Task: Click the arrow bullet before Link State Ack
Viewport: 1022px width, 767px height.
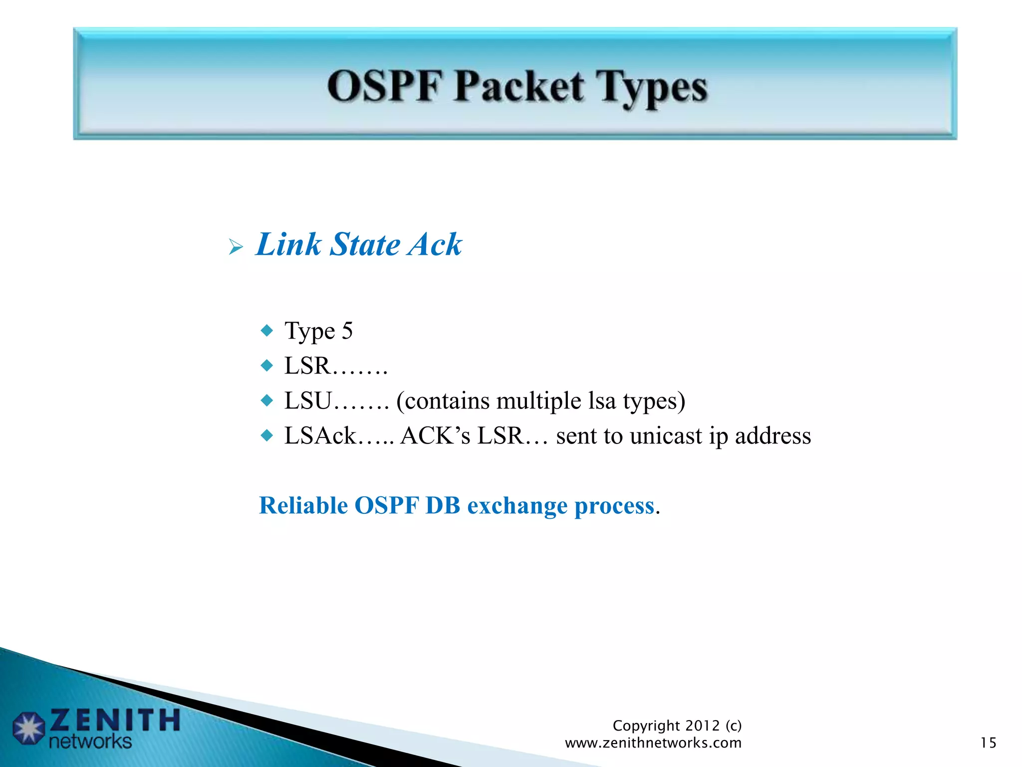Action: [236, 247]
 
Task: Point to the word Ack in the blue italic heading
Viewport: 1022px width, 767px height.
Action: [434, 245]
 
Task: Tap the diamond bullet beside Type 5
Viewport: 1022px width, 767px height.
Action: [267, 331]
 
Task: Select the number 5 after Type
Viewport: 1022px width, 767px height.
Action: [347, 331]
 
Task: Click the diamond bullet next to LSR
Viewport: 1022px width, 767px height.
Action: [267, 366]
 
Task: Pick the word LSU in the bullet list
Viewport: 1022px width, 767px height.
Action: [308, 400]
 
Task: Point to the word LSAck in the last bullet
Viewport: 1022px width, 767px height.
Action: [320, 435]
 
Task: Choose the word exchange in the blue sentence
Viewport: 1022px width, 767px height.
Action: [517, 505]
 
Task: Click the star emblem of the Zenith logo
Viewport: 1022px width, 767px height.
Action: [29, 728]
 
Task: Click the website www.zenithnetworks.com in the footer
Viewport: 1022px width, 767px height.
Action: [653, 743]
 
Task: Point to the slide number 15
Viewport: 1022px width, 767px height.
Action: [988, 743]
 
